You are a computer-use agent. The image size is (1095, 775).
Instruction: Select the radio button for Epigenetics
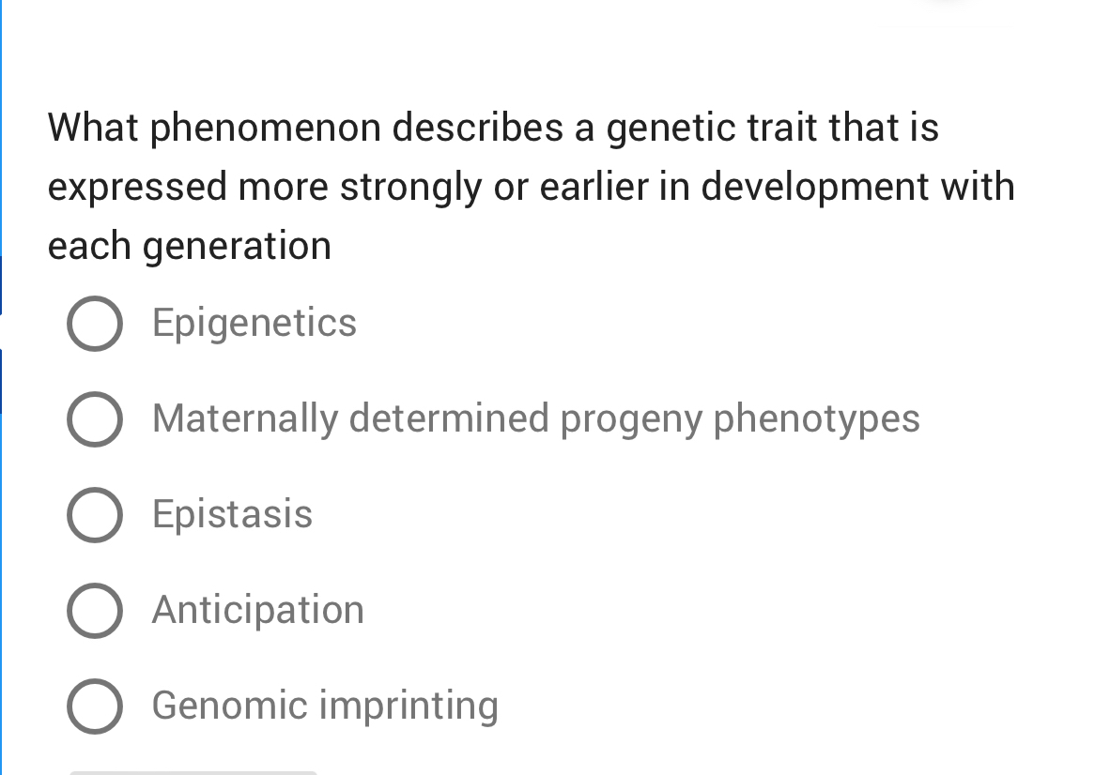(95, 324)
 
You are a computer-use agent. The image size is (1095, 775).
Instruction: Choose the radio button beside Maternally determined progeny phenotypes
(95, 419)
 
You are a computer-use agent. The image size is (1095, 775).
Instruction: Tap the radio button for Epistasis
(95, 515)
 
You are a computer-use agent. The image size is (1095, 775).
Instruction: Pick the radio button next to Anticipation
(95, 611)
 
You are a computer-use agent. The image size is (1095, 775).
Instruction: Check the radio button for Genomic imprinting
(95, 706)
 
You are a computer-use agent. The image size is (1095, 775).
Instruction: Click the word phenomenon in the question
(266, 128)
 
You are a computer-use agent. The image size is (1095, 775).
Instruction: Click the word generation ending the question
(237, 246)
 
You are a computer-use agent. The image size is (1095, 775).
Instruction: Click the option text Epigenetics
(254, 324)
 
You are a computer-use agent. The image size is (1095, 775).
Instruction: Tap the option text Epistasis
(232, 514)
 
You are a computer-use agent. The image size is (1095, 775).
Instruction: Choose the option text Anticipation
(258, 610)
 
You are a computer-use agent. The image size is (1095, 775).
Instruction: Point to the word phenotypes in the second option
(817, 418)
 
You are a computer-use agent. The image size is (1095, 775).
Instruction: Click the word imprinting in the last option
(409, 706)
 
